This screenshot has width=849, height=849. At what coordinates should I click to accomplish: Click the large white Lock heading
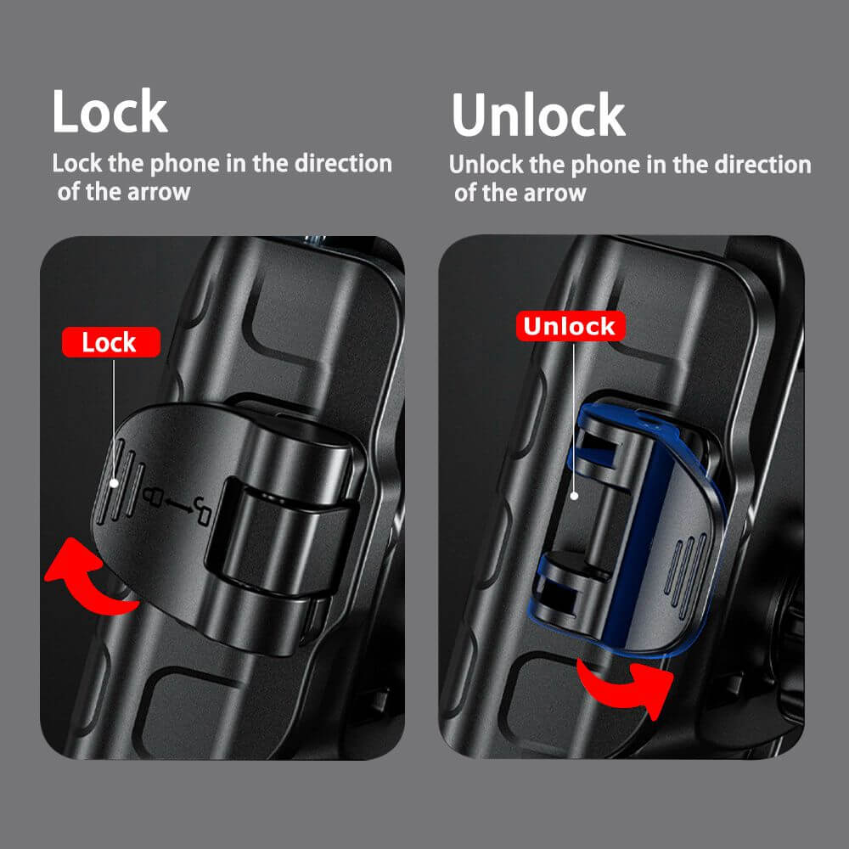tap(110, 112)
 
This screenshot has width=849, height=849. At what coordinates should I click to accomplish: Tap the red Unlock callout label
tap(569, 326)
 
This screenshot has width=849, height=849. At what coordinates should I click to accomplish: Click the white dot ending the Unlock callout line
tap(574, 495)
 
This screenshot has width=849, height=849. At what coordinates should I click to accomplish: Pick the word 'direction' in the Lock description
tap(343, 163)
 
